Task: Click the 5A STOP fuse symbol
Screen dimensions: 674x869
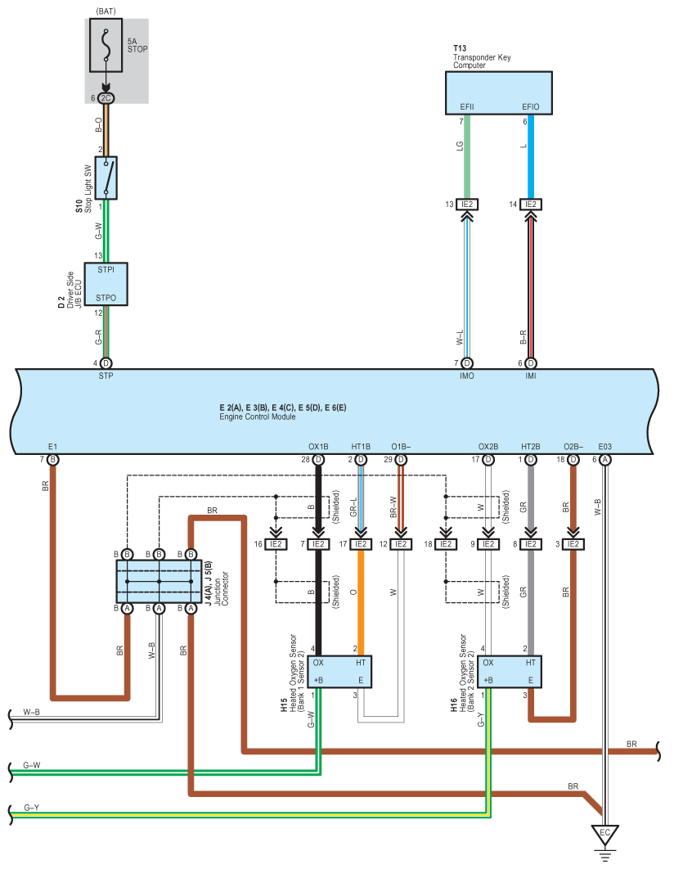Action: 106,46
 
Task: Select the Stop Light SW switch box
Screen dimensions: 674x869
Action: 106,178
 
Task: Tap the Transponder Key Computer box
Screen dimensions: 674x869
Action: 498,93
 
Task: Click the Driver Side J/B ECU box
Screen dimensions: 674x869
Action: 106,284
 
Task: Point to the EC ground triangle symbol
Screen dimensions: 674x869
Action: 604,834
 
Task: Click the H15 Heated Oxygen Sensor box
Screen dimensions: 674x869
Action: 339,672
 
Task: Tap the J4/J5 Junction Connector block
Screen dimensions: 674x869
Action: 159,581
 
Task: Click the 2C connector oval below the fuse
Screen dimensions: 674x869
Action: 106,98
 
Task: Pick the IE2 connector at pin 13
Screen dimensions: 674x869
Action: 467,205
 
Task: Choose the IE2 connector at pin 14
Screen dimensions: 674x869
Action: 531,205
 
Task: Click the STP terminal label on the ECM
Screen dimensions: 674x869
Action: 106,376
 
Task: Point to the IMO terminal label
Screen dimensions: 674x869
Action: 467,376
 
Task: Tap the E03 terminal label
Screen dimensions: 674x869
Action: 604,447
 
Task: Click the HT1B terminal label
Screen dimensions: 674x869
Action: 361,447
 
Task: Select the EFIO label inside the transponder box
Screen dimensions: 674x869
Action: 531,107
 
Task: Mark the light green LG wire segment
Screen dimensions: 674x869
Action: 467,157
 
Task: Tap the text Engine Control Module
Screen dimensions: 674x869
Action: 258,416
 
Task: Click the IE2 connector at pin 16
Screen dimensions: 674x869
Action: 276,544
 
